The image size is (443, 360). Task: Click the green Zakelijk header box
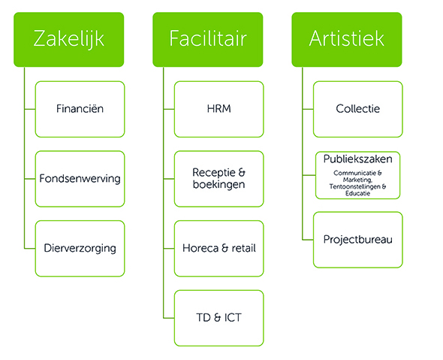pos(68,39)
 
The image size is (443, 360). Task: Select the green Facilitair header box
pos(208,39)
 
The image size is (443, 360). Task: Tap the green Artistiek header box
pos(347,39)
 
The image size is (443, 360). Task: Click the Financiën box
pos(80,109)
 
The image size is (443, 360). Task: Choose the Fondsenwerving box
pos(80,179)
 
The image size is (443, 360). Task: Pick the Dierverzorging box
pos(80,248)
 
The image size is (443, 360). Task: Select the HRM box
pos(219,109)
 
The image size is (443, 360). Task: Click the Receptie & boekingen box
pos(219,179)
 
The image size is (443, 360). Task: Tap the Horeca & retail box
pos(219,248)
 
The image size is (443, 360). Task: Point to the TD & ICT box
pos(219,318)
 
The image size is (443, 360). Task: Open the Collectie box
pos(358,109)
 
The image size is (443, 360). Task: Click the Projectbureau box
pos(358,240)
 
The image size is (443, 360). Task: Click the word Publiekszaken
pos(357,159)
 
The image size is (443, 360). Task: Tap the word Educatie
pos(357,193)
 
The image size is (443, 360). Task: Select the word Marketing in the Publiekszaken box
pos(357,180)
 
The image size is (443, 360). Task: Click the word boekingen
pos(219,185)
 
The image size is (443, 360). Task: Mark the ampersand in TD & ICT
pos(217,318)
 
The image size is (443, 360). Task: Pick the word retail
pos(243,248)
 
